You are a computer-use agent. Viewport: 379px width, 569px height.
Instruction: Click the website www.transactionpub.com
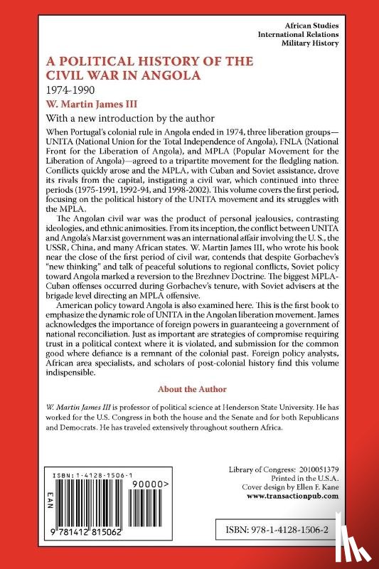(x=311, y=497)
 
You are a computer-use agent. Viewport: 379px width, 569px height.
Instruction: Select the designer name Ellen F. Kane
(x=337, y=487)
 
